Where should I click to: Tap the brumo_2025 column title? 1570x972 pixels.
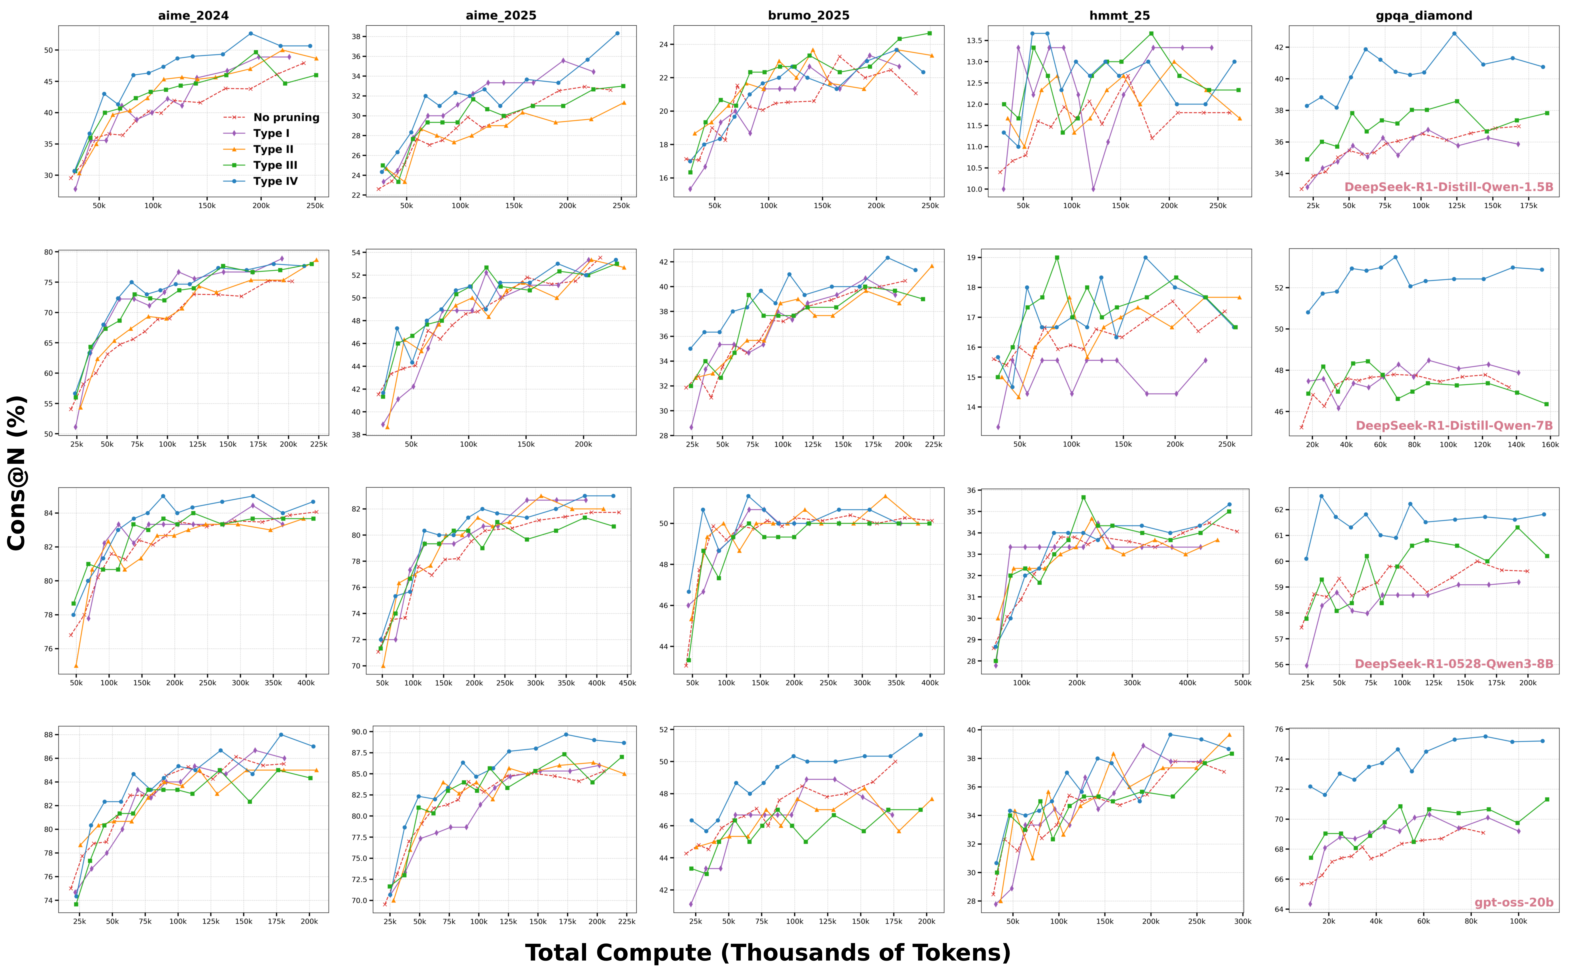[x=808, y=15]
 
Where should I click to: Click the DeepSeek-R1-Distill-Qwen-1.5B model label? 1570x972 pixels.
[x=1448, y=187]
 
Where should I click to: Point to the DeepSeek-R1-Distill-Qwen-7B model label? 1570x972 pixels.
[x=1454, y=426]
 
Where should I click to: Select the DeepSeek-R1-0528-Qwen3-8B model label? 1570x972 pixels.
[x=1454, y=664]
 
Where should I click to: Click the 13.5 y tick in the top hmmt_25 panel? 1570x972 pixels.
[x=972, y=41]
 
